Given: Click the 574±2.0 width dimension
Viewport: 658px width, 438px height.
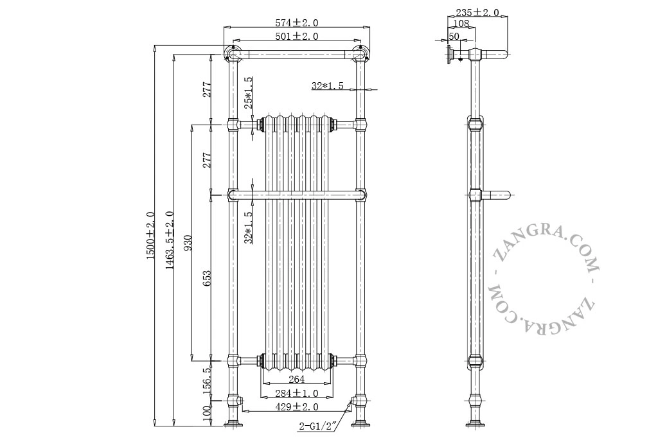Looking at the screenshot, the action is point(297,22).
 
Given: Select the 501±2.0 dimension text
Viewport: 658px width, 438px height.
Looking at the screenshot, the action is point(297,36).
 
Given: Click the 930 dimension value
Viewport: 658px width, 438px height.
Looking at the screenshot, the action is point(188,243).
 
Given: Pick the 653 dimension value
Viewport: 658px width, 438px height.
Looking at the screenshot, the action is point(206,278).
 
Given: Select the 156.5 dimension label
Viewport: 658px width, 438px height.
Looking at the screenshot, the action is point(206,381).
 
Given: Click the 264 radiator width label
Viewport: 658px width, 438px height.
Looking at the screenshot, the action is point(297,380).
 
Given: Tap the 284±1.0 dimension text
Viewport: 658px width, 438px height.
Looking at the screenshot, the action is point(297,394).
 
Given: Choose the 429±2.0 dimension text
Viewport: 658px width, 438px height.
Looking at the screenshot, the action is point(297,407).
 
